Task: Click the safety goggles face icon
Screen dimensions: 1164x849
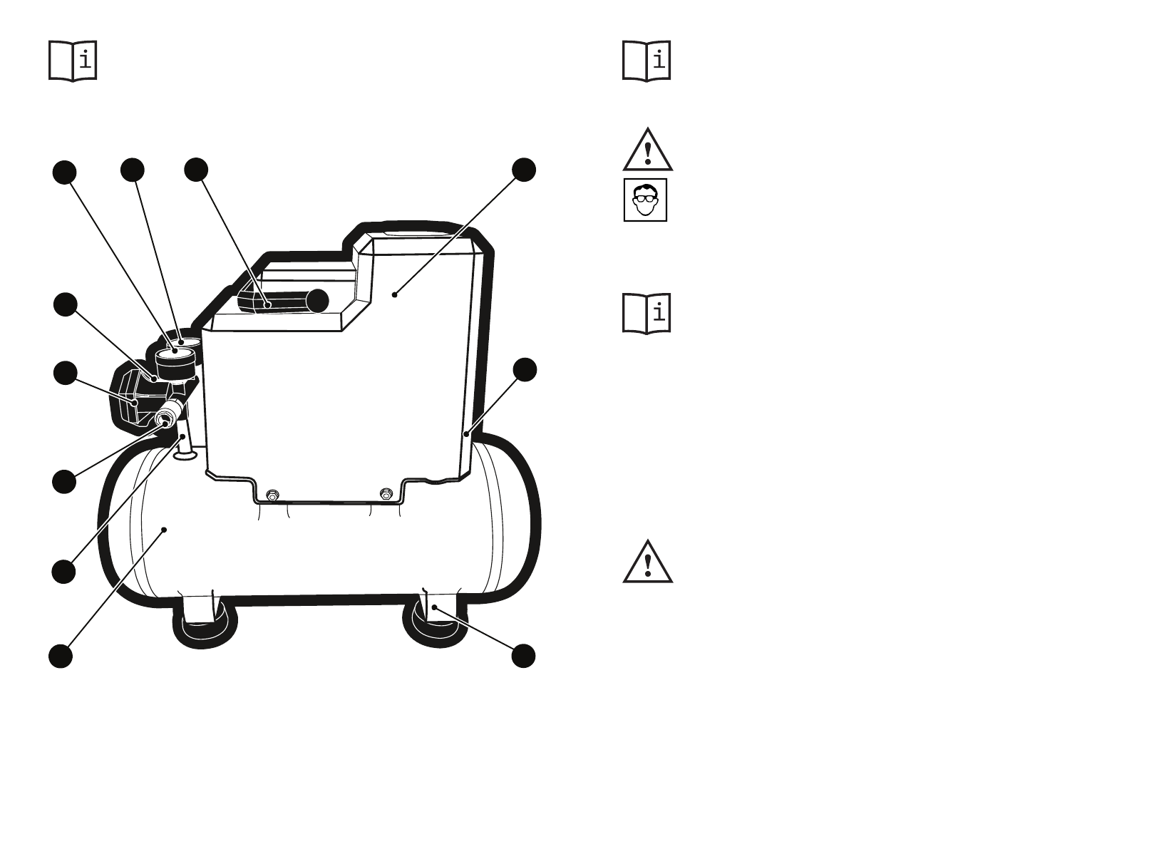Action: point(645,200)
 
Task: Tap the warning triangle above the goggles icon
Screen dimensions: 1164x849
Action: point(647,151)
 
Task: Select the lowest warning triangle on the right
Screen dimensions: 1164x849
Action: point(647,562)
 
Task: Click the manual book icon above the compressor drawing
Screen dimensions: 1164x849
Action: point(73,61)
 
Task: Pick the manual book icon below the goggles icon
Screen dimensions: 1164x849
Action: point(647,313)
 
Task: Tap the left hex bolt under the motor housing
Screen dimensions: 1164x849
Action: point(272,495)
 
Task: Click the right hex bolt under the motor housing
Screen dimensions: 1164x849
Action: point(386,493)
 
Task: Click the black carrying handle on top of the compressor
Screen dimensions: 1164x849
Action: point(285,301)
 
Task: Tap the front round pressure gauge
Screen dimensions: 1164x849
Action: point(174,360)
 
